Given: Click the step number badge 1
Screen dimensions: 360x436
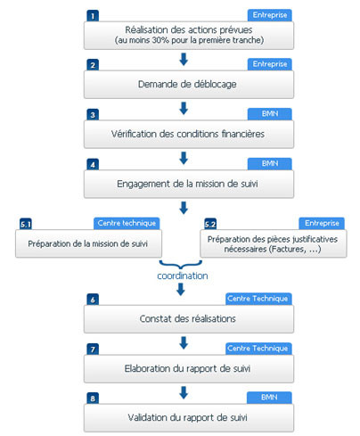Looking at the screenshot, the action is pos(93,16).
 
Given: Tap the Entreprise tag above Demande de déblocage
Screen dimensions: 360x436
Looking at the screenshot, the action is pos(270,64).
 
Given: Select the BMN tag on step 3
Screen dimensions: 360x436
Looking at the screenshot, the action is pos(270,114).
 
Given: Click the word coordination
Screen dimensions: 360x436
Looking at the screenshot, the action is pos(183,276).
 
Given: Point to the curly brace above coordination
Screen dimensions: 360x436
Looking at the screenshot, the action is pos(181,265).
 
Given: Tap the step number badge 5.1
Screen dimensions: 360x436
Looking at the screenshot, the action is pos(26,224).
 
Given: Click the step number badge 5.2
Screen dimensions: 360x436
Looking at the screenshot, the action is pos(210,224).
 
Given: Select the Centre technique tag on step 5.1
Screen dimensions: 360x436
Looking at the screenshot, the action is pos(127,223).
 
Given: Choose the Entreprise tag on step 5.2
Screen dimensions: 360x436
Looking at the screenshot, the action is pos(322,223).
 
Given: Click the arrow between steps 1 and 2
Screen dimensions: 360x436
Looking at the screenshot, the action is pos(184,59).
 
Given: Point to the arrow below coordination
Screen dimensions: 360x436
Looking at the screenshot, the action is pos(181,289).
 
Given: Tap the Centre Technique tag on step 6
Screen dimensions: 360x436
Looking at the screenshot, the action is pos(258,299).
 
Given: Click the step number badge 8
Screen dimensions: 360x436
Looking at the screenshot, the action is pos(93,399).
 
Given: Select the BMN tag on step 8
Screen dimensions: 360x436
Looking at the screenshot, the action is pos(269,398).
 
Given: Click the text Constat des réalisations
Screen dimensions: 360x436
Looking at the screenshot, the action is pos(188,319).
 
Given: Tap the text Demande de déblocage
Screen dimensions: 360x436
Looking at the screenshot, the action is pos(187,84).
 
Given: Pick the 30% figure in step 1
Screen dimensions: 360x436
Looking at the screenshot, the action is pos(160,40).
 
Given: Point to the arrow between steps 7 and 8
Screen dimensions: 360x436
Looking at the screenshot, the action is pos(184,392).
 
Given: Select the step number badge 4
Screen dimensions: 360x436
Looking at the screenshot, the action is pos(93,165).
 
